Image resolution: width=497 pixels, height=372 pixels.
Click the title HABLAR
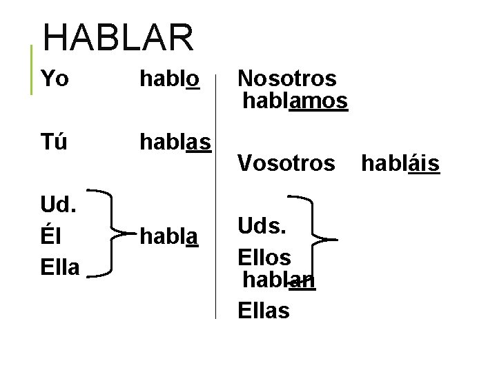[x=118, y=37]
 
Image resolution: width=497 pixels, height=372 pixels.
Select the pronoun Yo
[x=55, y=79]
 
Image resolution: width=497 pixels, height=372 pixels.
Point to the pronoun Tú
[x=55, y=143]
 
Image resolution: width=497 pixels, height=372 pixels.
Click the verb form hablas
[x=175, y=143]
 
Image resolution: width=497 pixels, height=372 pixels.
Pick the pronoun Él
[x=50, y=236]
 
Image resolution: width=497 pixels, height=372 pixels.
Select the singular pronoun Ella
[x=60, y=267]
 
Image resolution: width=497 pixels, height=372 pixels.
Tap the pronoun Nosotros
[x=286, y=79]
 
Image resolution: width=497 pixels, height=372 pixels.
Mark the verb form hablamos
[x=295, y=101]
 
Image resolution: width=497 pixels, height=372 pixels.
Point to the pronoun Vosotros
[x=286, y=163]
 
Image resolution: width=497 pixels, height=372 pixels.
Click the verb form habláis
[x=400, y=163]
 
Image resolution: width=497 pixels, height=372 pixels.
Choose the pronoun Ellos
[x=264, y=257]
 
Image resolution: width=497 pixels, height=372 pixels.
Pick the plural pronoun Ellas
[x=264, y=311]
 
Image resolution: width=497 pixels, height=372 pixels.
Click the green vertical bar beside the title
[x=32, y=69]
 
